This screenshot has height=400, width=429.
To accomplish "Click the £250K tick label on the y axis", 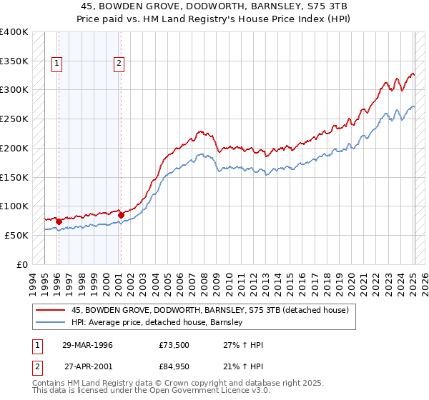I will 14,119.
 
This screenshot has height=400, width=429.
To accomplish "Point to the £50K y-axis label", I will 16,235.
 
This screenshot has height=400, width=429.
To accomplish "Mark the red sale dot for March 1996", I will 59,221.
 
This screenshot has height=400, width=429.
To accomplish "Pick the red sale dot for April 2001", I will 121,215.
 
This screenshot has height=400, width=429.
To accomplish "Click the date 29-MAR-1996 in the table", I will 87,345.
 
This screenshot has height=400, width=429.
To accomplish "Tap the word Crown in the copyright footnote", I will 176,384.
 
